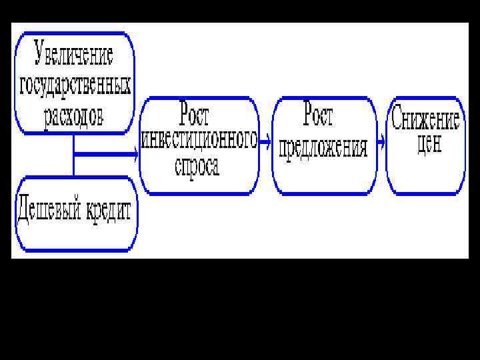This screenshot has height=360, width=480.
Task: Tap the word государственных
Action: (x=75, y=86)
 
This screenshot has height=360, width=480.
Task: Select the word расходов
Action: (x=75, y=117)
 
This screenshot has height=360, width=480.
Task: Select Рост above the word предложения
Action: (x=319, y=115)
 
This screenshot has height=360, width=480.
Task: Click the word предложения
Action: (x=323, y=147)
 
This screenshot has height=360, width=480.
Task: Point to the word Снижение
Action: (x=425, y=121)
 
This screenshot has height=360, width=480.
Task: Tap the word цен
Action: (x=429, y=145)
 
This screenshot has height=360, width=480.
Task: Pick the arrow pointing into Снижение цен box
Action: (x=381, y=141)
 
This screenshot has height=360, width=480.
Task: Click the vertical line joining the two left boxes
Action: (x=73, y=155)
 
